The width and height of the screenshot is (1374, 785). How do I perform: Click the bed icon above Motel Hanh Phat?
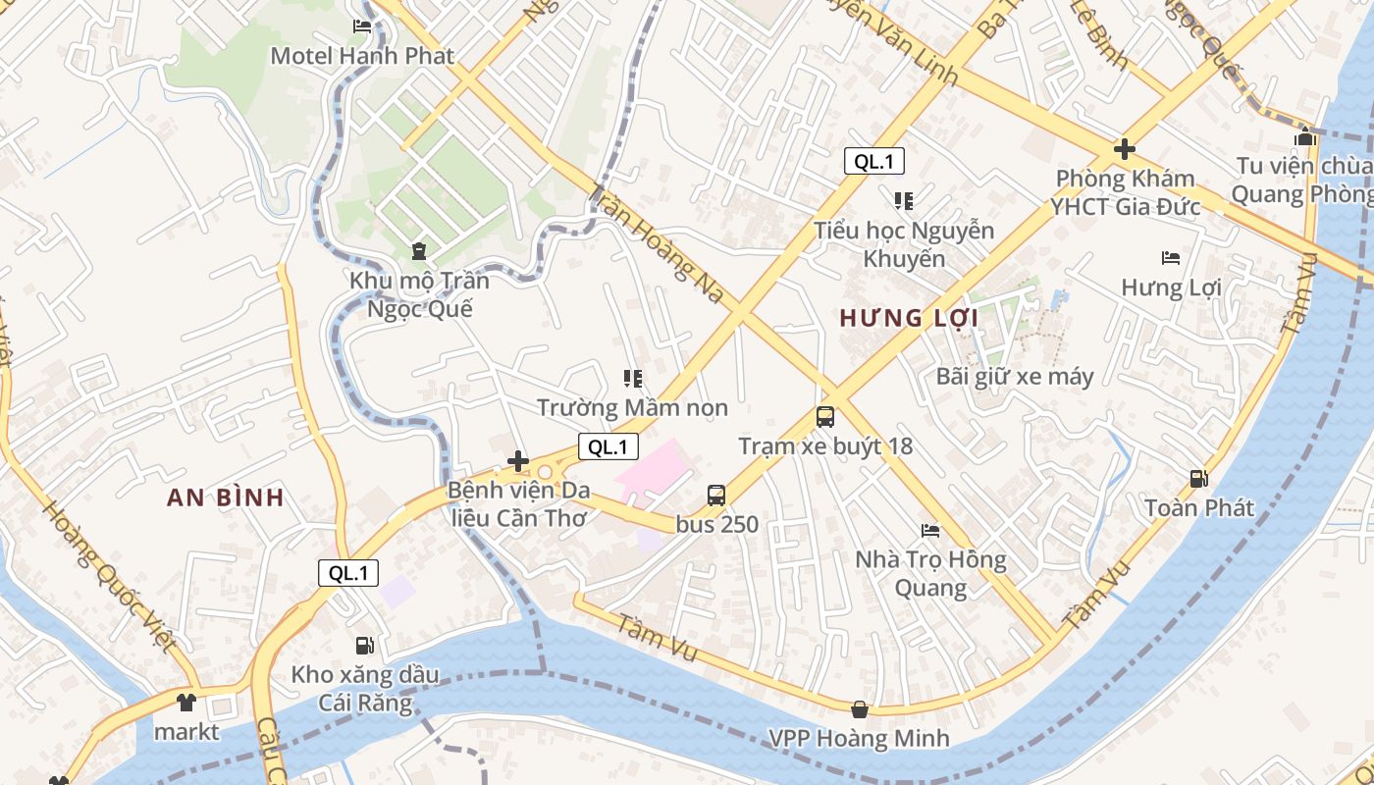(x=362, y=26)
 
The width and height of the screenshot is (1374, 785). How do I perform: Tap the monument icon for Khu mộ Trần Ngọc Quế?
(x=420, y=251)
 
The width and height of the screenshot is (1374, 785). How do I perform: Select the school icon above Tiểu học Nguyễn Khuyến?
(x=904, y=201)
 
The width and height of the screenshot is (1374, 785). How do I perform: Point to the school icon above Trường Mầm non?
(x=632, y=378)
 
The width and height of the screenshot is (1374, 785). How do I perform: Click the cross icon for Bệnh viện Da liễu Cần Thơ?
(x=518, y=461)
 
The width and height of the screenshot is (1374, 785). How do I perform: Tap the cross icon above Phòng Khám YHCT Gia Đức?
(x=1125, y=150)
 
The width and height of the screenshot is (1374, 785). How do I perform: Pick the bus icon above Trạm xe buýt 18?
(x=825, y=417)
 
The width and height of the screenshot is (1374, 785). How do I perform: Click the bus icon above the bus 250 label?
(x=716, y=496)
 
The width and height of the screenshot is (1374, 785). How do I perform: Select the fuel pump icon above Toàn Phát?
(x=1198, y=479)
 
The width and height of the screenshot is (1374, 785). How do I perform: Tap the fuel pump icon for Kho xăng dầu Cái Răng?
(x=364, y=646)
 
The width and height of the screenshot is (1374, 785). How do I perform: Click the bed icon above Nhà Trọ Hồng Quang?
(x=930, y=531)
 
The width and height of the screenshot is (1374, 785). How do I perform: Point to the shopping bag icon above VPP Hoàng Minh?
(x=860, y=708)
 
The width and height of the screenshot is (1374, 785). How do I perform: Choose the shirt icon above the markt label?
(x=186, y=703)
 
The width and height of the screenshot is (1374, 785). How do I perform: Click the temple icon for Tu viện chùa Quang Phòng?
(x=1304, y=136)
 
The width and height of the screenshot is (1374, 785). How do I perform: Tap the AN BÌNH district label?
(x=226, y=497)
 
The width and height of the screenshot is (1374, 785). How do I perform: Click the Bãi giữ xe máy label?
(x=1015, y=376)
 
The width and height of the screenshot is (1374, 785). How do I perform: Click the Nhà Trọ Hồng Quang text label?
(x=930, y=574)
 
